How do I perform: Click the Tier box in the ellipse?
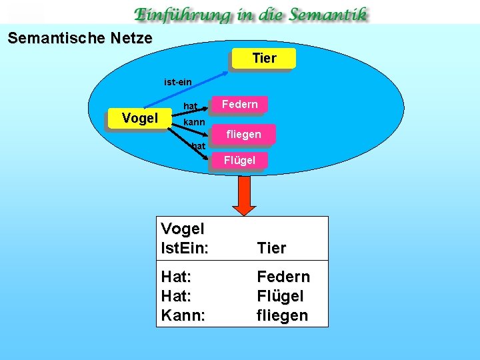264,58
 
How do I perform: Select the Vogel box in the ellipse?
139,119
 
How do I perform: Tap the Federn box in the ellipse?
239,105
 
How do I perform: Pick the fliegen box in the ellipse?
243,134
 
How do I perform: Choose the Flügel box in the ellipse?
239,160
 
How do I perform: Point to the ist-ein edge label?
178,82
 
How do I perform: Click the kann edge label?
194,123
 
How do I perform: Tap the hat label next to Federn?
191,106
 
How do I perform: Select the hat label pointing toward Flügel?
198,146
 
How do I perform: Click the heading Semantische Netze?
80,38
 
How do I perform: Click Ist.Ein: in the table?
185,248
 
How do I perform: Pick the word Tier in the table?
271,248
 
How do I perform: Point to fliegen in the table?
283,315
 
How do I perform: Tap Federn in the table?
283,276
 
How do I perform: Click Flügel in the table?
280,295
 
